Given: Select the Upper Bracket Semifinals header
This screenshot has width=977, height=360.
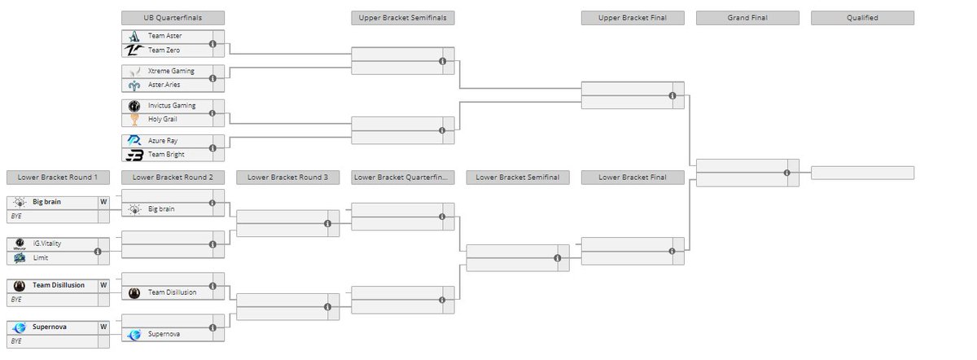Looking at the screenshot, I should click(x=402, y=17).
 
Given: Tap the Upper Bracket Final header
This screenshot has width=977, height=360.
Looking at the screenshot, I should click(x=632, y=17).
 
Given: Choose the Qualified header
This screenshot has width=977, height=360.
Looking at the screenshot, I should click(x=862, y=17).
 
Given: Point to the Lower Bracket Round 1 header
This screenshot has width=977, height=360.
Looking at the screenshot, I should click(x=57, y=178).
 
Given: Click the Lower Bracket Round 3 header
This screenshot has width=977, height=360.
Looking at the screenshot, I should click(x=287, y=178).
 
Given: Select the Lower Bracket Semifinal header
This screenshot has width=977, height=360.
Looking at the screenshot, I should click(x=517, y=178).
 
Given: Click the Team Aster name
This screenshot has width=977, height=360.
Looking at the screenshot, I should click(x=165, y=37).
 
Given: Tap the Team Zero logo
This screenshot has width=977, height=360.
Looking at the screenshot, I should click(x=134, y=50).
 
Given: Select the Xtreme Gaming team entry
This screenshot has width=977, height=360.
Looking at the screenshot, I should click(x=171, y=71).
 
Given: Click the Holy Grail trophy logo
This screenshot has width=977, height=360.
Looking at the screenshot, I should click(x=134, y=120).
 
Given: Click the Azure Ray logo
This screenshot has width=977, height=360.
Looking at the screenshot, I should click(x=134, y=141).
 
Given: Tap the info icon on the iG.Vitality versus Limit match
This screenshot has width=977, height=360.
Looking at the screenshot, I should click(x=98, y=252).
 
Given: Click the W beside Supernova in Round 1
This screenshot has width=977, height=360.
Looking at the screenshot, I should click(x=103, y=327).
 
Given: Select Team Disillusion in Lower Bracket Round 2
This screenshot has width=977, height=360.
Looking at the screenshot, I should click(x=172, y=292).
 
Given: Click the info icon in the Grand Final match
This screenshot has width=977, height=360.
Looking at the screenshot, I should click(x=787, y=173).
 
